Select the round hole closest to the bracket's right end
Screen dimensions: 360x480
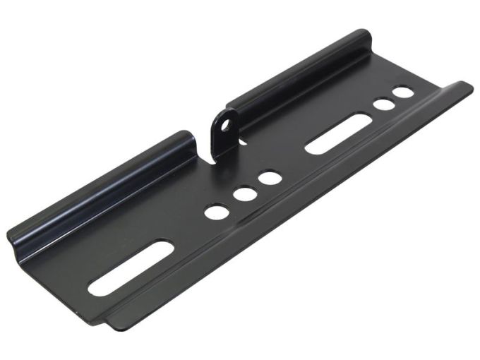[x=403, y=92]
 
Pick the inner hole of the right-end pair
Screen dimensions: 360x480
[x=384, y=104]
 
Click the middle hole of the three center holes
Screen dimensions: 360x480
[x=245, y=193]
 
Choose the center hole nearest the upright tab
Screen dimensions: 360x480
[x=270, y=178]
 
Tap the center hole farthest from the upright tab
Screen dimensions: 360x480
[x=217, y=210]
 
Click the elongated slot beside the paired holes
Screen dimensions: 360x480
[x=337, y=133]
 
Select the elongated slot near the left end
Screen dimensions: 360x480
[x=131, y=268]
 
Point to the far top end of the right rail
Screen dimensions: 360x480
[x=364, y=37]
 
